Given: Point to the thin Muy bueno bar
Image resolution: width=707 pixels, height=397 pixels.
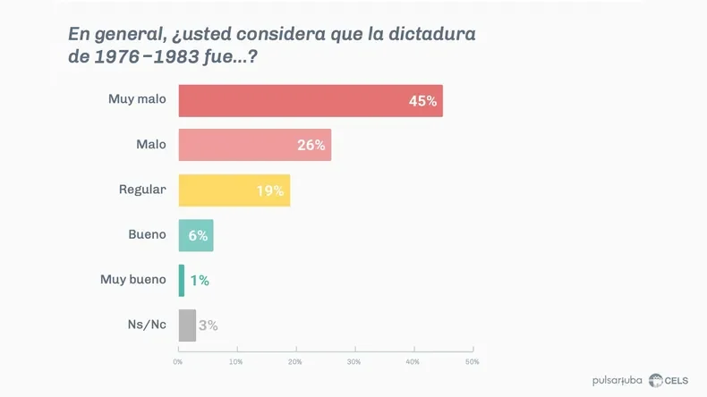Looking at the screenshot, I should pyautogui.click(x=182, y=280).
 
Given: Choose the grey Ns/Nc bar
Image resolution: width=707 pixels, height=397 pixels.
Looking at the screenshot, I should pyautogui.click(x=187, y=325).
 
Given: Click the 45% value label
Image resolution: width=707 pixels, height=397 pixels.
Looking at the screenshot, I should pyautogui.click(x=422, y=101).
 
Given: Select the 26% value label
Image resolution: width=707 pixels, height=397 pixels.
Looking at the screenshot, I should pyautogui.click(x=311, y=145).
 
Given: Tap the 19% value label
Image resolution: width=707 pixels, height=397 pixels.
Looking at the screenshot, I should pyautogui.click(x=269, y=190).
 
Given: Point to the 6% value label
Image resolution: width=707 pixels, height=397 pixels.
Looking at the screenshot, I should pyautogui.click(x=198, y=235).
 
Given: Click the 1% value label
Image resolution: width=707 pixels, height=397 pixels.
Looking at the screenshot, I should pyautogui.click(x=200, y=280).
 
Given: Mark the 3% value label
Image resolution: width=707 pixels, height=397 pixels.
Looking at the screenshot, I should pyautogui.click(x=209, y=325).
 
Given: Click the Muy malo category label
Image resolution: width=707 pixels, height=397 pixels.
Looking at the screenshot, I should pyautogui.click(x=137, y=99).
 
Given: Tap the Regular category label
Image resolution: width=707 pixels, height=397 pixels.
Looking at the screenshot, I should pyautogui.click(x=142, y=190).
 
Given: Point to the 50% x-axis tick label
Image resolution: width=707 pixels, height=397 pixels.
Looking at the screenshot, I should pyautogui.click(x=472, y=362).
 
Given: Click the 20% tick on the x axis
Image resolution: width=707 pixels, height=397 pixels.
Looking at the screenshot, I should pyautogui.click(x=295, y=362).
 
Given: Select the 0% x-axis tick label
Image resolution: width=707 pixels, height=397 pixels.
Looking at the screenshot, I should pyautogui.click(x=178, y=362).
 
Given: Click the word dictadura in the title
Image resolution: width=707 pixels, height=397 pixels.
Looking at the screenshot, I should pyautogui.click(x=428, y=35).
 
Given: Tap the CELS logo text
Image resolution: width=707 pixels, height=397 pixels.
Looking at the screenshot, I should pyautogui.click(x=676, y=381).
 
